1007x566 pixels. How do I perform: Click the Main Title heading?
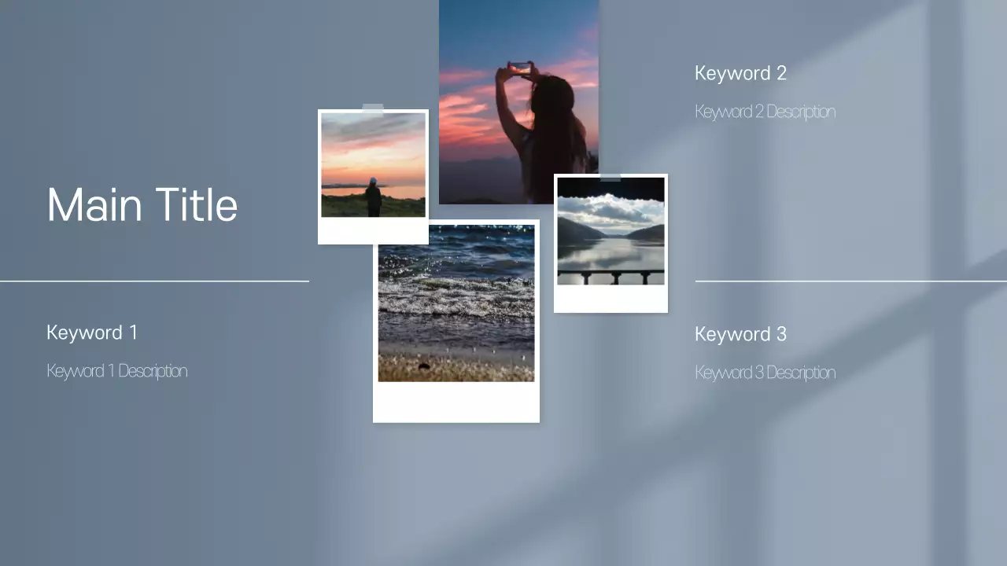click(142, 205)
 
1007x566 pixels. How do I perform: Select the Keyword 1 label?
click(92, 333)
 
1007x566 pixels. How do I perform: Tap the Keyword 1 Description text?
click(116, 371)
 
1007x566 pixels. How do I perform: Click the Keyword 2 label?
click(740, 74)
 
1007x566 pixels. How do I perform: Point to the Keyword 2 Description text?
click(765, 112)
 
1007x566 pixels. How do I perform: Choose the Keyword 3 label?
click(740, 334)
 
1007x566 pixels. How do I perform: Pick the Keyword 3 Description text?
click(765, 373)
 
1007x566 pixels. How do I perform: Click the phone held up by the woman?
click(519, 68)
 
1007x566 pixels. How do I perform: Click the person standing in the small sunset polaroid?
click(373, 197)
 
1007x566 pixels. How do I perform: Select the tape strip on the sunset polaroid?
click(373, 109)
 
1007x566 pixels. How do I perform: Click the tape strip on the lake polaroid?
click(610, 177)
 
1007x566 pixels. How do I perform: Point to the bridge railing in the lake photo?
click(610, 274)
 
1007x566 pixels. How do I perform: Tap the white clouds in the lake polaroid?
click(606, 209)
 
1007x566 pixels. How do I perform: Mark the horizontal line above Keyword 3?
click(850, 281)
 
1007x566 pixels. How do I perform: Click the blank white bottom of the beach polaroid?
click(456, 402)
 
